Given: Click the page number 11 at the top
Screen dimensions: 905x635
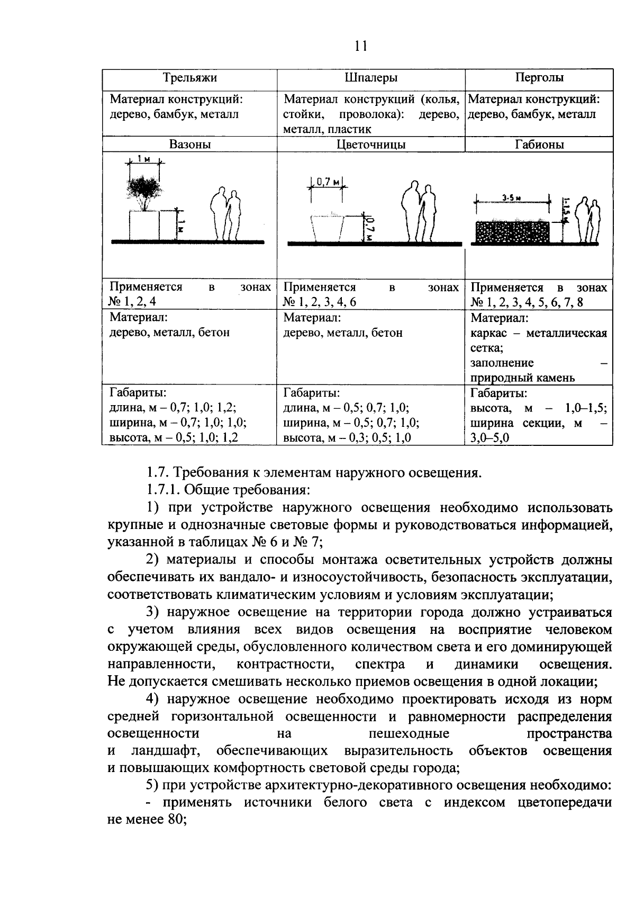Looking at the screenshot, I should [360, 46].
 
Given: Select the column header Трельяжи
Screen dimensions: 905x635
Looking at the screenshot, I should [189, 78].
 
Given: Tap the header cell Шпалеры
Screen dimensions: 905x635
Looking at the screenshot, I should [370, 78].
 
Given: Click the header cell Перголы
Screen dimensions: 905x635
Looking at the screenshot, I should [539, 78].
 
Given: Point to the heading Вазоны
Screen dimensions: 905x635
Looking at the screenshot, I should [189, 145].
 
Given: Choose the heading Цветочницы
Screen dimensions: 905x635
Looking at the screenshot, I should [371, 145].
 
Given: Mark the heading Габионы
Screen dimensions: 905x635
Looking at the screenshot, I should [539, 145].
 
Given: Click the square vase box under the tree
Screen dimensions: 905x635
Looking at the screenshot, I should [144, 225].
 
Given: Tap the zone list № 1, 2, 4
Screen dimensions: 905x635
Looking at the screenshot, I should [132, 302].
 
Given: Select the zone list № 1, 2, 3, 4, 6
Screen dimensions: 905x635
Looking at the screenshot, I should [319, 302].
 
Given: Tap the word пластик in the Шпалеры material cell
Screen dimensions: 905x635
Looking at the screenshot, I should [349, 129].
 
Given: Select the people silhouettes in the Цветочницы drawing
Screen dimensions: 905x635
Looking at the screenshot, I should [418, 212].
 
